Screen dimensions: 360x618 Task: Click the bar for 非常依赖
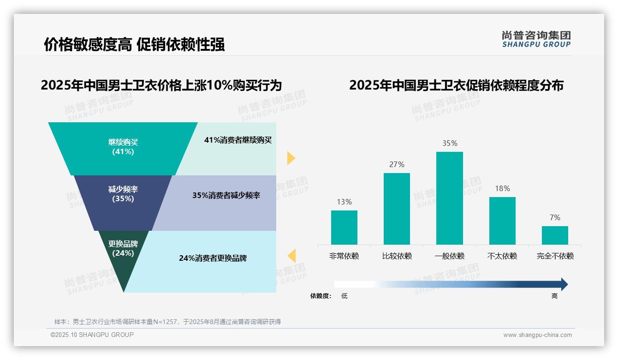click(344, 227)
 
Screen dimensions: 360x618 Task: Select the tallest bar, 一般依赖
click(449, 198)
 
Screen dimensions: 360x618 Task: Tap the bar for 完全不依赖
click(555, 235)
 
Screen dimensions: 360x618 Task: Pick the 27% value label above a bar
click(397, 164)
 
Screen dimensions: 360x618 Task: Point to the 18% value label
click(502, 188)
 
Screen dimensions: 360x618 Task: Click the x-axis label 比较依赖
click(397, 256)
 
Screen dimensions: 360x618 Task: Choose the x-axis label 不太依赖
click(502, 256)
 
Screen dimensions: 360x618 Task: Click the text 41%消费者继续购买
click(238, 140)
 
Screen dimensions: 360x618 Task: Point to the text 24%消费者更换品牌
click(213, 258)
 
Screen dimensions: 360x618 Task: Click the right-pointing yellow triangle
click(291, 158)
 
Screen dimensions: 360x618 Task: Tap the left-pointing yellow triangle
click(291, 256)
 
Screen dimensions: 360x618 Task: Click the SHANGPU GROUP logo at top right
click(536, 39)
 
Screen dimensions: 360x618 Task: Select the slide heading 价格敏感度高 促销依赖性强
click(134, 45)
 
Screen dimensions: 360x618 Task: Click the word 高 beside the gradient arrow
click(554, 296)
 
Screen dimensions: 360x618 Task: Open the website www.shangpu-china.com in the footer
click(537, 335)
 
